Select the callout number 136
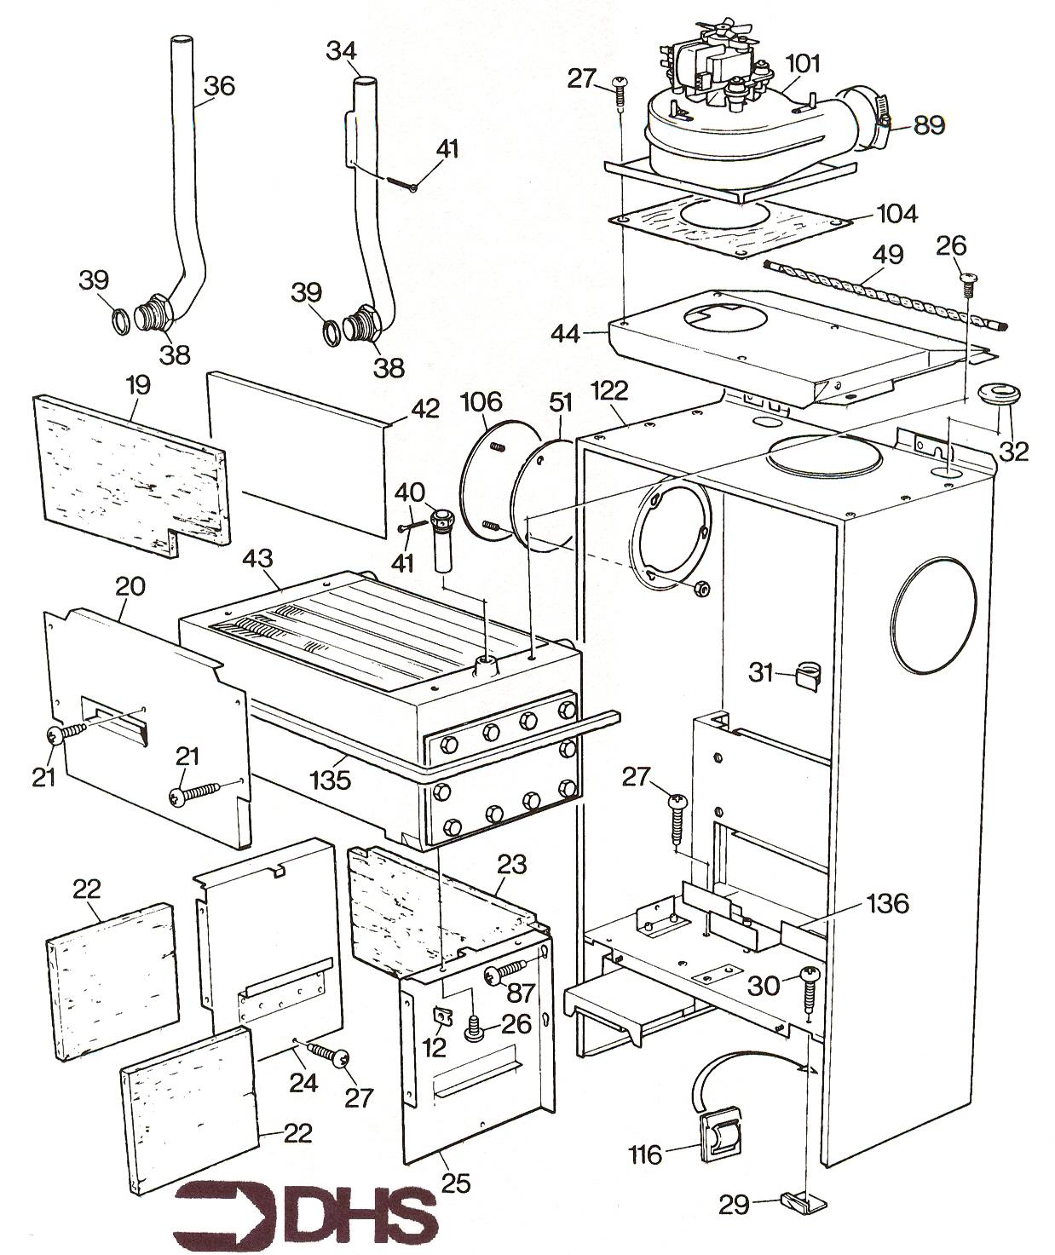(x=886, y=904)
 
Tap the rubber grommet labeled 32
(x=990, y=396)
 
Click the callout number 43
(x=257, y=559)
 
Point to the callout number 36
(x=220, y=86)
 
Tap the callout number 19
(x=138, y=384)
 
